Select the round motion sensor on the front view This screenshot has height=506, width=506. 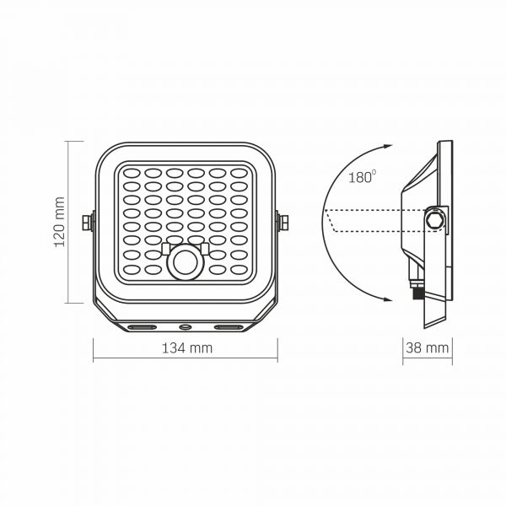185,262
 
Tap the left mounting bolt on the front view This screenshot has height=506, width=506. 86,222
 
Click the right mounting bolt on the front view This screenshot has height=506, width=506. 283,222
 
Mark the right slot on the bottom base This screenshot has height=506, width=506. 229,325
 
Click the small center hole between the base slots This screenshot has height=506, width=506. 185,325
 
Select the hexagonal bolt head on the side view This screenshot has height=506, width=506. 435,219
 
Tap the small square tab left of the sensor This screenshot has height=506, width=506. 166,248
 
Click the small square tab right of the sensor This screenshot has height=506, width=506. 203,248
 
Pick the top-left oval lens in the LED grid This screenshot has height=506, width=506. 131,172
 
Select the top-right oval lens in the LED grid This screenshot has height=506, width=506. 239,172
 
